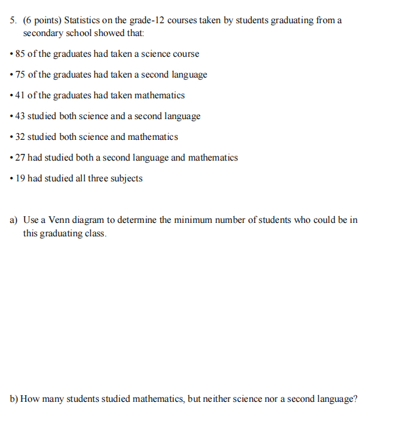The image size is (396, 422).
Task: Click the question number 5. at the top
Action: (x=14, y=20)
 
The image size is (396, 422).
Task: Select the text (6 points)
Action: (x=42, y=20)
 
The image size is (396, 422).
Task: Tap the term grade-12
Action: (x=147, y=20)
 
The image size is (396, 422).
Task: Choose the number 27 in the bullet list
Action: (x=20, y=158)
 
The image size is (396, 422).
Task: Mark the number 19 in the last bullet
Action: (x=20, y=178)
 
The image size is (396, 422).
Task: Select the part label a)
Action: (x=13, y=220)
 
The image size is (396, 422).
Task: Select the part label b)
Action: (x=13, y=399)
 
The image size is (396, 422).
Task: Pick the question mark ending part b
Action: (x=355, y=399)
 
